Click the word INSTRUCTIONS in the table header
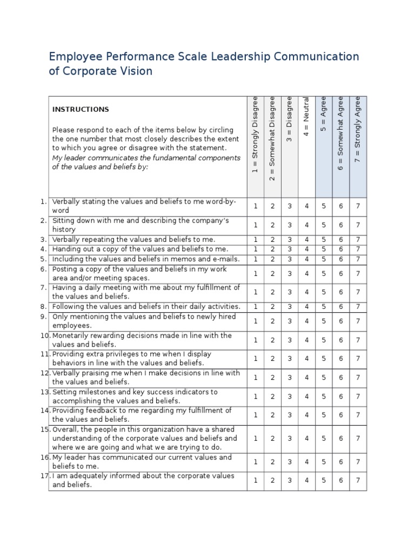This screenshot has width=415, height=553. [x=81, y=109]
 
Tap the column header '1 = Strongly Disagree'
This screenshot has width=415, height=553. [x=255, y=136]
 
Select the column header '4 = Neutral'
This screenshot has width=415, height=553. [x=306, y=117]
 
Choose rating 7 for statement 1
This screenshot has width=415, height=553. [x=358, y=206]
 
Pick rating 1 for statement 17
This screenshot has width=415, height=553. [x=256, y=481]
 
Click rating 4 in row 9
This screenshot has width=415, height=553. [x=306, y=321]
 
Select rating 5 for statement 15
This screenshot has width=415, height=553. [x=324, y=439]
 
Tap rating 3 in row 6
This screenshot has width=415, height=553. [x=290, y=274]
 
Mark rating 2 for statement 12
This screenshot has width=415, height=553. [x=273, y=377]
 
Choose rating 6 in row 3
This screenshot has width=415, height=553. [x=341, y=239]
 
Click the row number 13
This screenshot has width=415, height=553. [x=44, y=392]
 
